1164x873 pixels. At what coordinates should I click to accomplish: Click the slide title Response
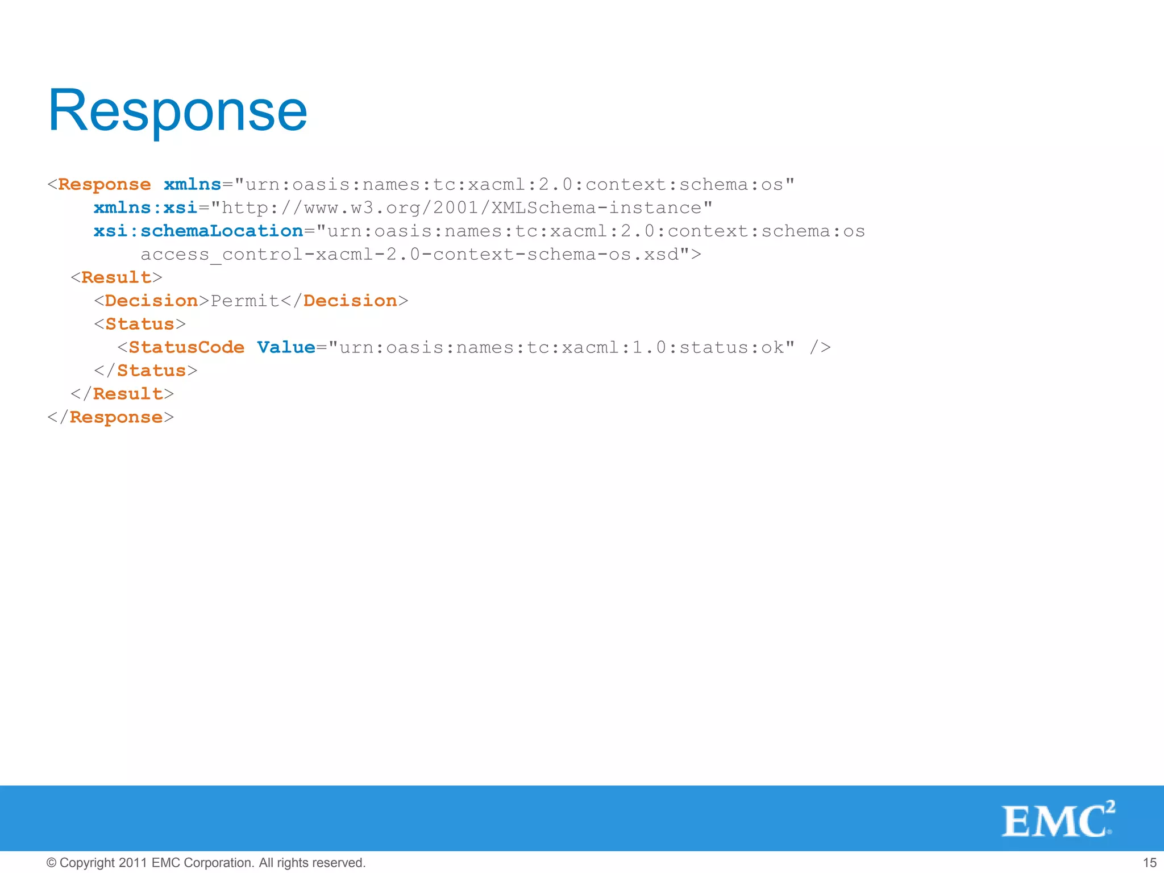click(177, 111)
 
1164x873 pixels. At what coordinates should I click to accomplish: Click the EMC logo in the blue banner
click(1058, 820)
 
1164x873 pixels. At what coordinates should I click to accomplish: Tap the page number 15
click(1149, 863)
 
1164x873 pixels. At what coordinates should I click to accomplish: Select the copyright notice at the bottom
click(206, 863)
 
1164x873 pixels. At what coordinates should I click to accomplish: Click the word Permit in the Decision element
click(245, 301)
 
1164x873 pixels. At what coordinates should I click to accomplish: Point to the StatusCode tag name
click(186, 347)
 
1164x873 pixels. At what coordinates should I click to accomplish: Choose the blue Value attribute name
click(286, 347)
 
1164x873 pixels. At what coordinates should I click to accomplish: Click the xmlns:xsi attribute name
click(145, 207)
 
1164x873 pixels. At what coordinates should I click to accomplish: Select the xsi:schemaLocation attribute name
click(198, 231)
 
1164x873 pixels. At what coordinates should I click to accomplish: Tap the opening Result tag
click(117, 277)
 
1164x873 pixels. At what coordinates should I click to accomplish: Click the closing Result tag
click(122, 394)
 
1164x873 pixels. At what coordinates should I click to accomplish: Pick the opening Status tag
click(140, 324)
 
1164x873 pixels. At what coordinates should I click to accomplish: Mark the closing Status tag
click(145, 371)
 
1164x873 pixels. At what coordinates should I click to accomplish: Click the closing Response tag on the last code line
click(111, 417)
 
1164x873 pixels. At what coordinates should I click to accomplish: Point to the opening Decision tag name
click(151, 301)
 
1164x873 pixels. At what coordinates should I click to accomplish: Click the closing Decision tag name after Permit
click(350, 301)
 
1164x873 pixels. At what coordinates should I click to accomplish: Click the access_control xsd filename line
click(421, 255)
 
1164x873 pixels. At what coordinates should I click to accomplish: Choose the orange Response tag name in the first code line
click(105, 185)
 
